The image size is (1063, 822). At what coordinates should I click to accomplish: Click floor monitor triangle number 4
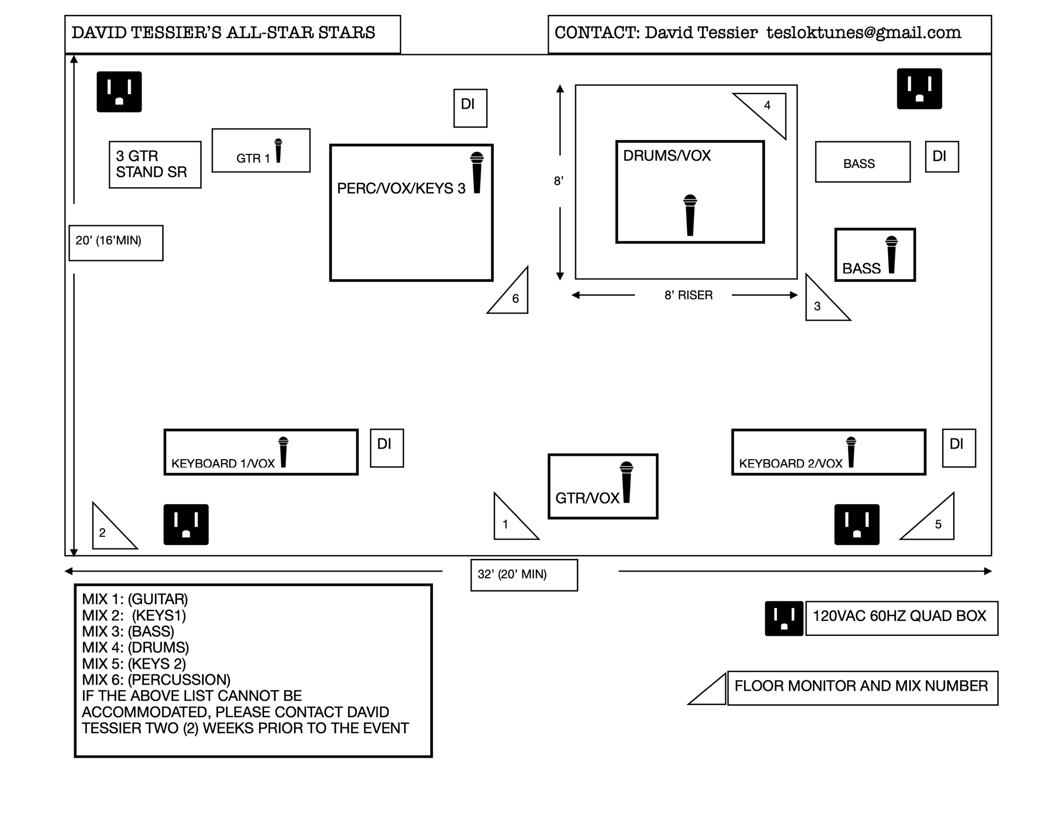(x=767, y=110)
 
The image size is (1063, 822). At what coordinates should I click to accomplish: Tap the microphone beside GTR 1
(x=278, y=151)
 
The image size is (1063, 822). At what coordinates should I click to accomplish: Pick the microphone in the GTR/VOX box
(x=626, y=482)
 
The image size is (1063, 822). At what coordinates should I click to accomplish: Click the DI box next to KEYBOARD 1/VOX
(x=386, y=448)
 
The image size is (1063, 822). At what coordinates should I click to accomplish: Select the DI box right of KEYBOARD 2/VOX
(x=958, y=448)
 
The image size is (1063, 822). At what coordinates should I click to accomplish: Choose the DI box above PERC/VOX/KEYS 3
(x=470, y=108)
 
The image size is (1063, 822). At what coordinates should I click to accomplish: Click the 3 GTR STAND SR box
(x=155, y=165)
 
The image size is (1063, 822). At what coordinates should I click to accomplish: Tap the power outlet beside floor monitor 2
(x=186, y=524)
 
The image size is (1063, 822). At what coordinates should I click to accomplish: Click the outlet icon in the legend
(x=783, y=618)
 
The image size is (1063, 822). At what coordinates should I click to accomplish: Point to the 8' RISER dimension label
(x=688, y=295)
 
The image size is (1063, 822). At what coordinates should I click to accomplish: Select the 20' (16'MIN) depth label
(x=116, y=242)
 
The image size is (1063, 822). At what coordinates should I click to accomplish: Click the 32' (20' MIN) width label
(x=524, y=574)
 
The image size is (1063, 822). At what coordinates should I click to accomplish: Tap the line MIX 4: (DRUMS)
(x=136, y=647)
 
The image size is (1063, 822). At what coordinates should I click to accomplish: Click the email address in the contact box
(x=864, y=33)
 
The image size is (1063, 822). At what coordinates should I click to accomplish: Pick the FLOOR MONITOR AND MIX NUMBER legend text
(x=861, y=687)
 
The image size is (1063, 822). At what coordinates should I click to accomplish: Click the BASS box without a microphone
(x=862, y=162)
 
